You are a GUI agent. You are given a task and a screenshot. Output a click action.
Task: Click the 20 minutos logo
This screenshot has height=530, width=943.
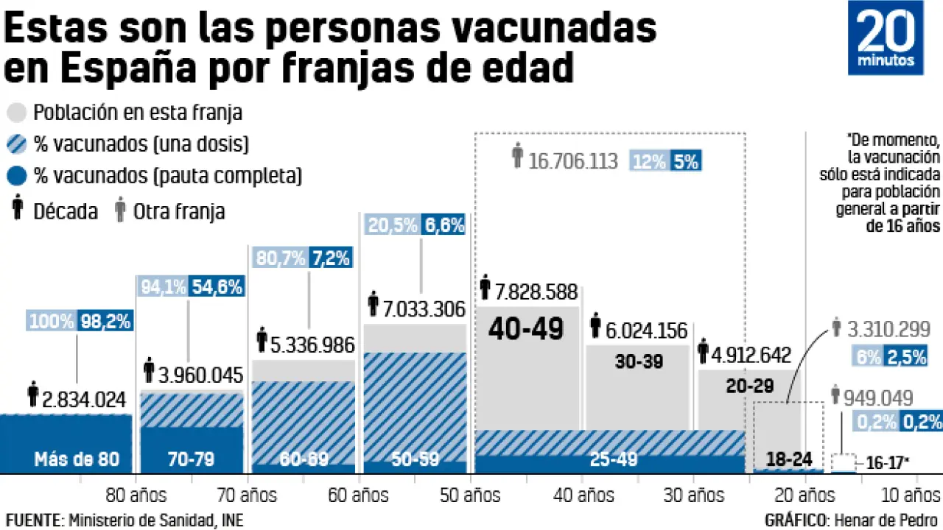pyautogui.click(x=886, y=38)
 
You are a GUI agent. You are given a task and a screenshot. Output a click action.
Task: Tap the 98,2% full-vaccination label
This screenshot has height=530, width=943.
pyautogui.click(x=106, y=321)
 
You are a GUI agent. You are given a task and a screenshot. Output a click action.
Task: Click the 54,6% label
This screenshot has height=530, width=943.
pyautogui.click(x=217, y=287)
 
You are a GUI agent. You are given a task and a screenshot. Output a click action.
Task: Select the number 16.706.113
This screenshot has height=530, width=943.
pyautogui.click(x=572, y=161)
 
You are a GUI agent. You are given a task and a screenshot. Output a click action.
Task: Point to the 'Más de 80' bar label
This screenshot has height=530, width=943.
pyautogui.click(x=77, y=459)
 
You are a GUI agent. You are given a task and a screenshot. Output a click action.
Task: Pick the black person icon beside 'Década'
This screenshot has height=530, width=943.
pyautogui.click(x=15, y=210)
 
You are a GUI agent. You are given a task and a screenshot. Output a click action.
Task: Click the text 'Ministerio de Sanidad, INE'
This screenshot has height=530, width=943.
pyautogui.click(x=155, y=520)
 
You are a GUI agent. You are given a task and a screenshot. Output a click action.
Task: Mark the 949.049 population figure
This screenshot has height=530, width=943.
pyautogui.click(x=877, y=398)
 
